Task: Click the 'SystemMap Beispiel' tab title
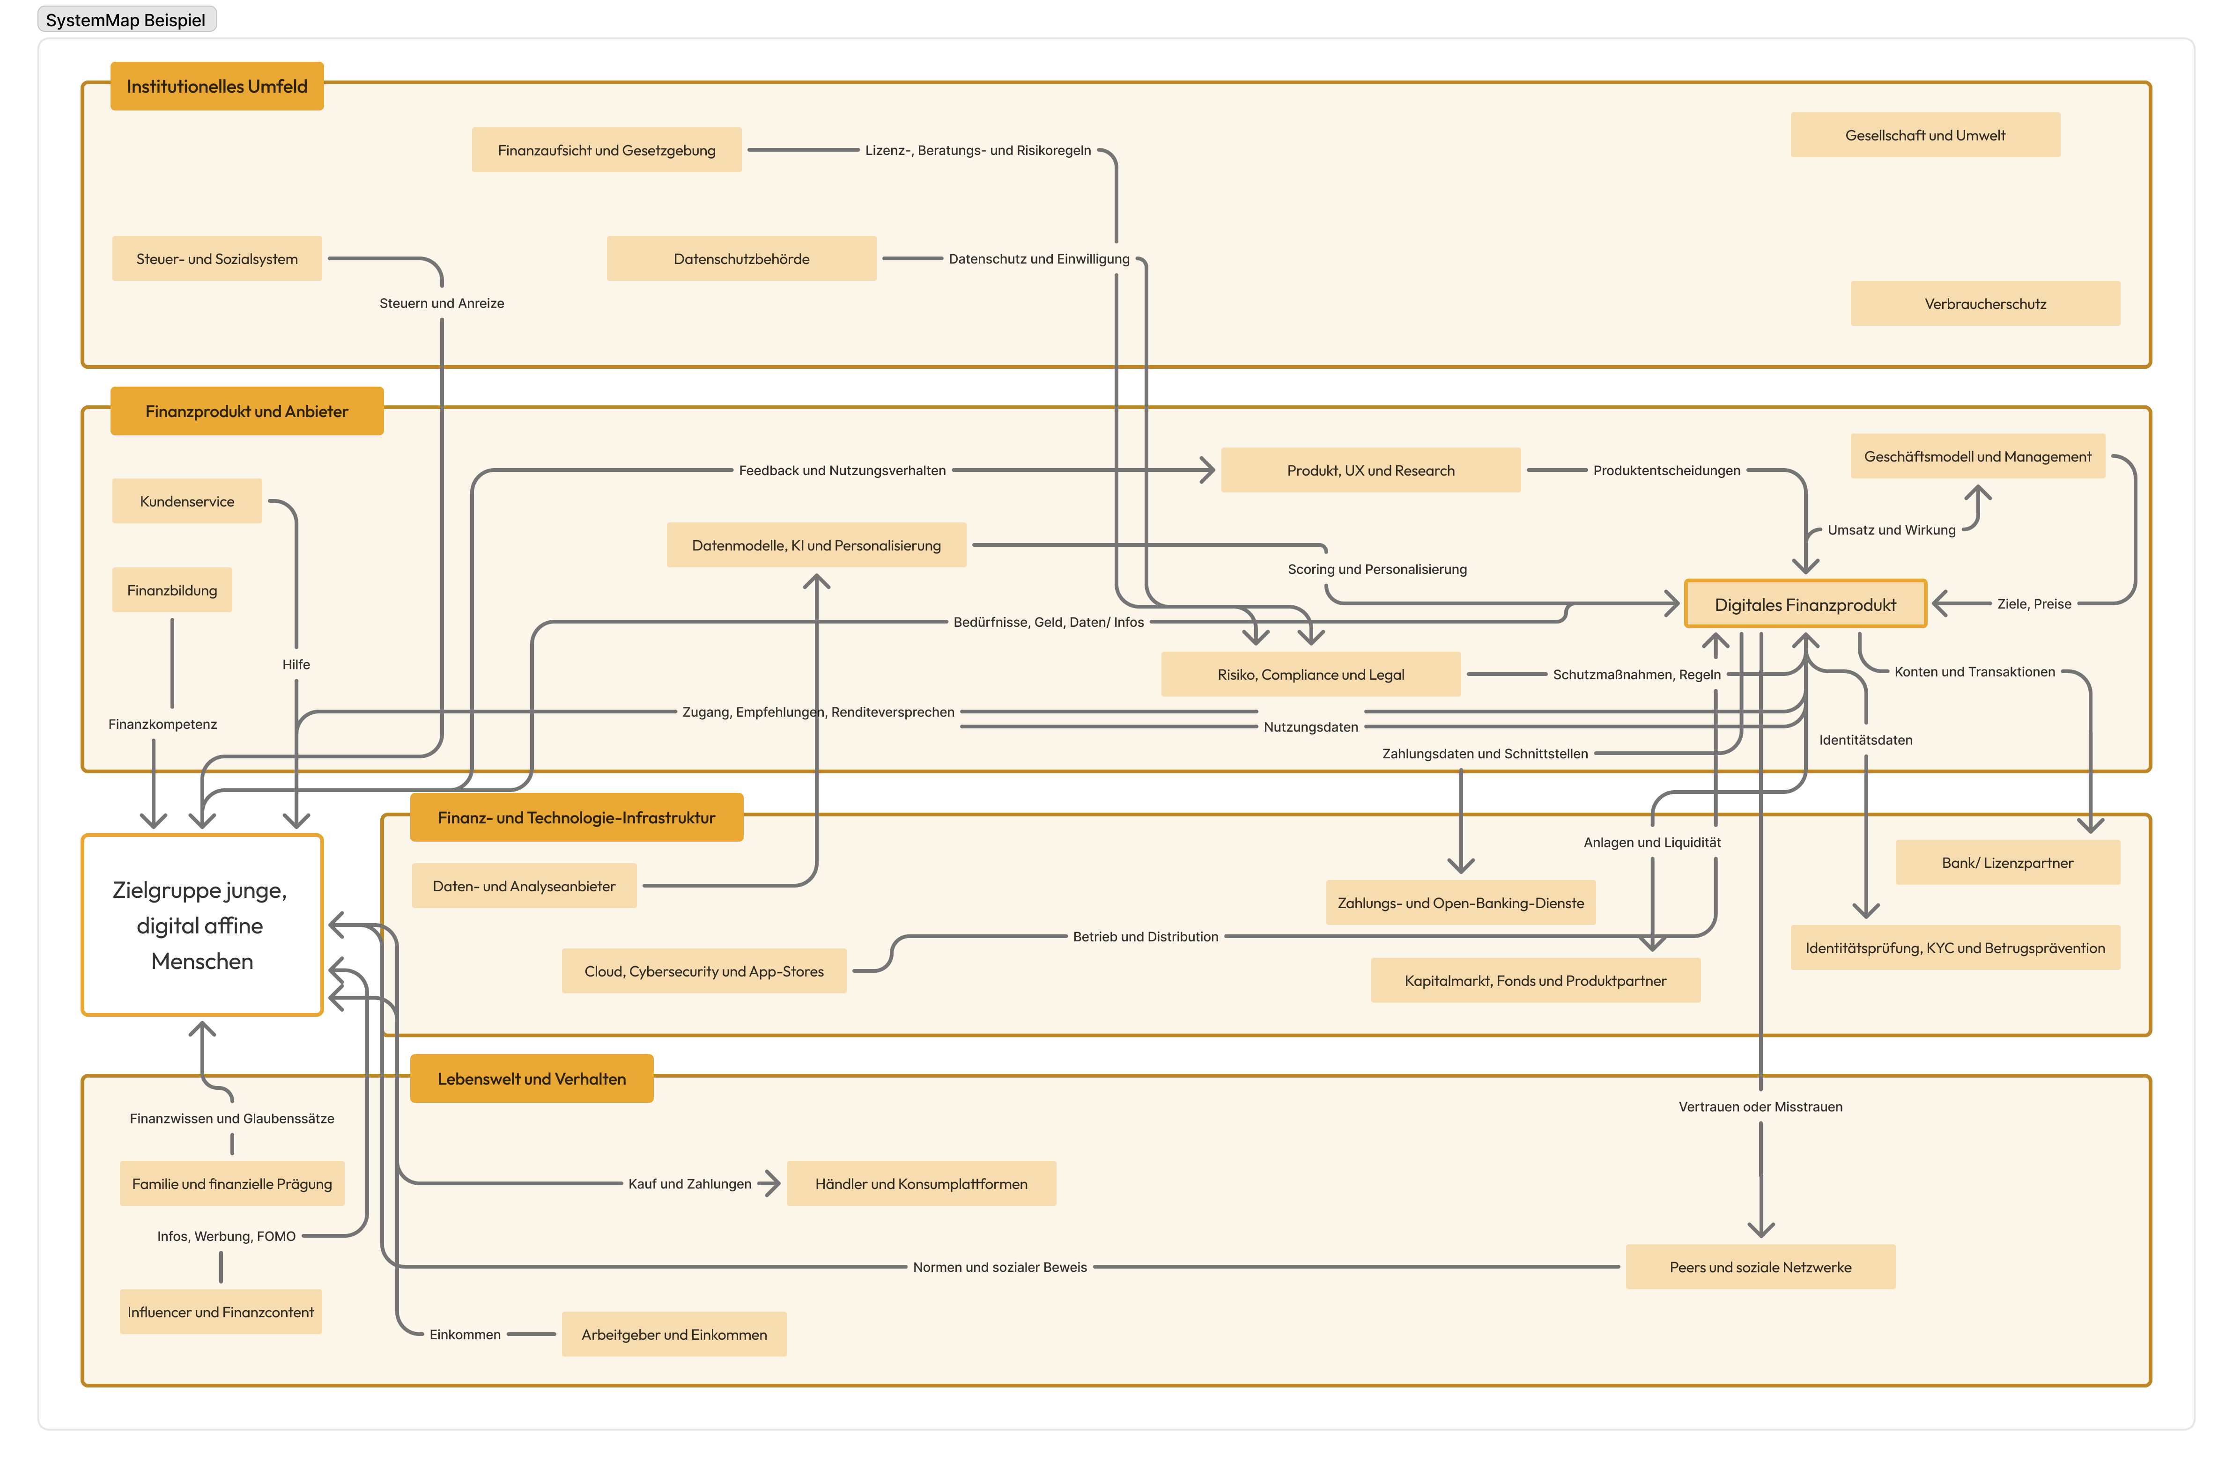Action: pyautogui.click(x=126, y=20)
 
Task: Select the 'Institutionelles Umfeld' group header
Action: pyautogui.click(x=217, y=86)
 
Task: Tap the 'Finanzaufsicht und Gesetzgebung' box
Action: pyautogui.click(x=606, y=150)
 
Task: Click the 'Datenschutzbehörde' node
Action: pyautogui.click(x=741, y=259)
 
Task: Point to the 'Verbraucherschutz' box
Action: pyautogui.click(x=1985, y=304)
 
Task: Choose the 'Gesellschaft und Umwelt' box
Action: pyautogui.click(x=1925, y=135)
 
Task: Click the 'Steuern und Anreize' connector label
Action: pyautogui.click(x=442, y=303)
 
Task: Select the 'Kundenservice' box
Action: pyautogui.click(x=187, y=501)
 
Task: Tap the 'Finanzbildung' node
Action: pyautogui.click(x=172, y=590)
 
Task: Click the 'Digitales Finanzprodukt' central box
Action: pyautogui.click(x=1805, y=604)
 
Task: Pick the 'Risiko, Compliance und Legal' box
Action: pyautogui.click(x=1311, y=675)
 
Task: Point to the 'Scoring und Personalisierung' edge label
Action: pyautogui.click(x=1377, y=569)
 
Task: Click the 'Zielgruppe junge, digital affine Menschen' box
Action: pyautogui.click(x=202, y=925)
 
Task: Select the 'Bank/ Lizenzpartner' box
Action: pyautogui.click(x=2008, y=863)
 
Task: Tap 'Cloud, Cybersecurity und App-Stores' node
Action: pyautogui.click(x=704, y=971)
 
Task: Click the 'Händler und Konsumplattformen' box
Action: pyautogui.click(x=921, y=1184)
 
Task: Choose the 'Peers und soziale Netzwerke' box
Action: pyautogui.click(x=1760, y=1267)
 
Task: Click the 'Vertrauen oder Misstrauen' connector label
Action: pyautogui.click(x=1760, y=1107)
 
